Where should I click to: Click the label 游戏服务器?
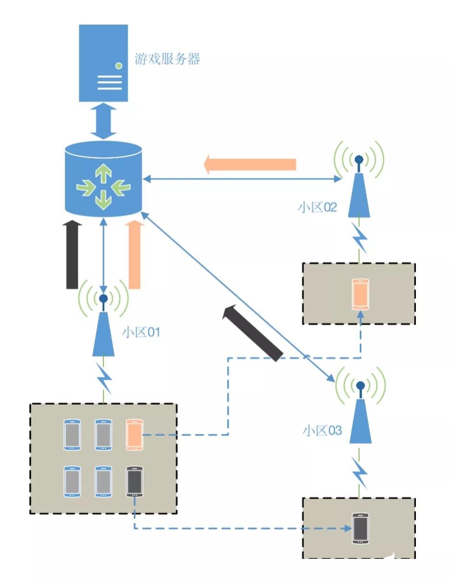167,60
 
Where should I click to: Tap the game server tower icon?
103,63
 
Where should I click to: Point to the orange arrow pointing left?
250,165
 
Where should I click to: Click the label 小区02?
317,208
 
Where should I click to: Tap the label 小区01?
140,332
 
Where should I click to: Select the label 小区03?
322,430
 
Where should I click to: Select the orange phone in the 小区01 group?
134,435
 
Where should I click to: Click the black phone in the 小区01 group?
134,481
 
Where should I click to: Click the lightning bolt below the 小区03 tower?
360,472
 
